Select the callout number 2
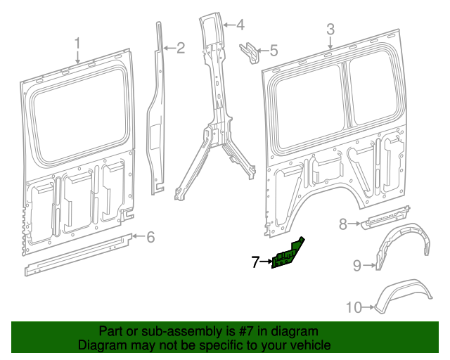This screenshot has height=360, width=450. coord(180,48)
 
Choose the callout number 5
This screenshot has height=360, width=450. coord(274,51)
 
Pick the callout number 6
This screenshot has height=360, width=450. coord(150,237)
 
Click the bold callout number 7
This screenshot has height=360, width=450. coord(256,263)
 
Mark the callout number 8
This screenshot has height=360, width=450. coord(343,224)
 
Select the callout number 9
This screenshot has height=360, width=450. coord(356,265)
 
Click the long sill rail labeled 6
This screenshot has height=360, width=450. coord(77,254)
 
